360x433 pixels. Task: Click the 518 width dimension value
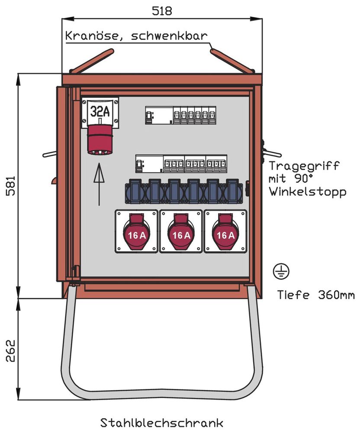[x=162, y=11]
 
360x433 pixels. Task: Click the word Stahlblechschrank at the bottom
[x=161, y=422]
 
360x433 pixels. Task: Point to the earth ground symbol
[x=281, y=271]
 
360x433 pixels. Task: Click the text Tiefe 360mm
[x=316, y=295]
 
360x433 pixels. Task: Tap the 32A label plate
[x=100, y=111]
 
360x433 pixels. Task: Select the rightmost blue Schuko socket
[x=233, y=192]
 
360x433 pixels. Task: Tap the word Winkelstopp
[x=308, y=192]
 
